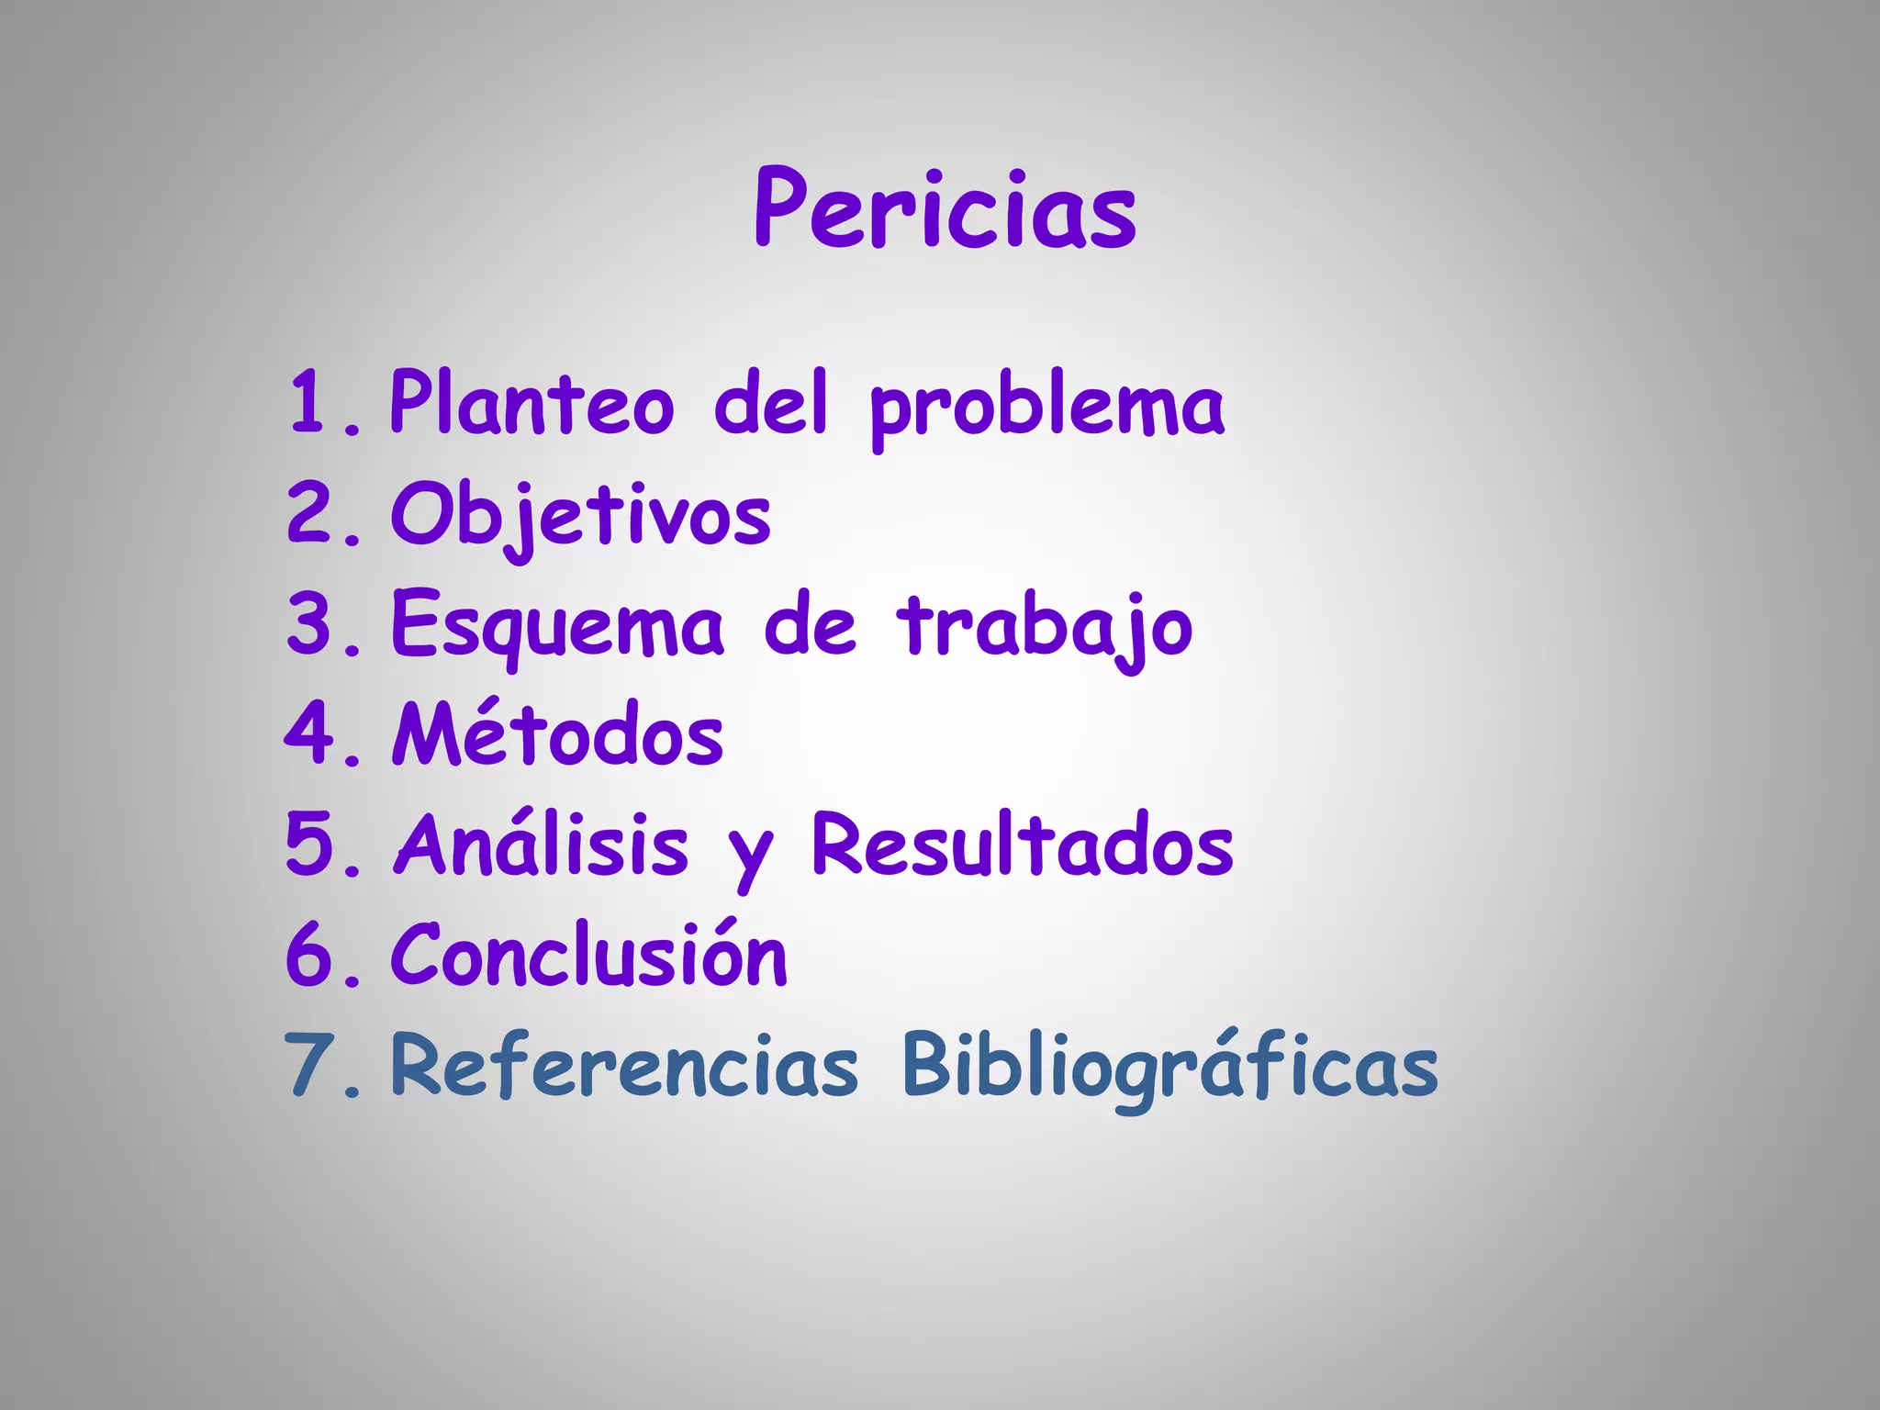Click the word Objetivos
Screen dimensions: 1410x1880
pos(581,515)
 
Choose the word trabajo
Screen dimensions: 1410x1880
pos(1046,627)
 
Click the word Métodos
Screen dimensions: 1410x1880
pos(558,734)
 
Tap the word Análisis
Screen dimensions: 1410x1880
pos(542,845)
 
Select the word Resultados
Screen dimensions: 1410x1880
pos(1023,845)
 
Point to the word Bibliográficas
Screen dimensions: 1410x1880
pos(1169,1067)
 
